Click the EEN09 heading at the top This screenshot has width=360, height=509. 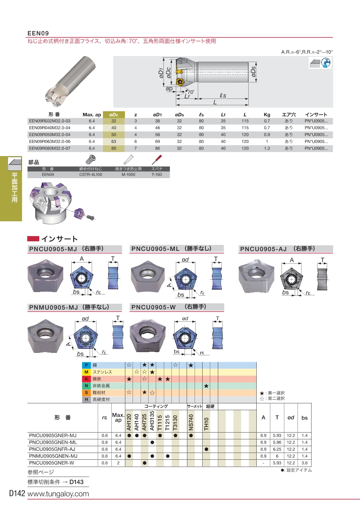pos(38,33)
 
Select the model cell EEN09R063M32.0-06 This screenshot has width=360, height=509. pos(50,142)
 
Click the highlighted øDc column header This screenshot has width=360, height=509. pos(114,115)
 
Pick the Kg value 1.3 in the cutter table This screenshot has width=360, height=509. pos(267,148)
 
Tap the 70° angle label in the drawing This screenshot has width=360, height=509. pos(191,92)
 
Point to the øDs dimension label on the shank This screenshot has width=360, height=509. pos(253,72)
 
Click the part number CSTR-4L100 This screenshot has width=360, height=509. pos(91,174)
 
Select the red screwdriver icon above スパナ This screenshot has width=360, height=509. pos(157,160)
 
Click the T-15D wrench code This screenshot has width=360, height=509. pos(157,174)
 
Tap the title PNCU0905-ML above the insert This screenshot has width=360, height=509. pos(155,249)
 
